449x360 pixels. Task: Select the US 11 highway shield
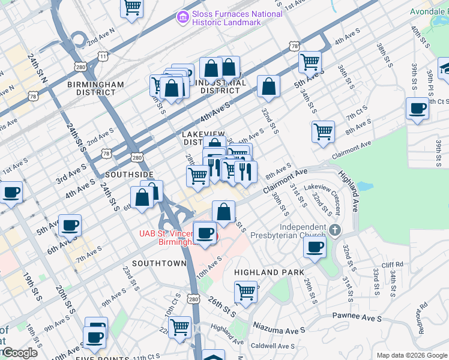[x=103, y=56]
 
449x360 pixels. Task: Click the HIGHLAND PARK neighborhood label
[x=265, y=272]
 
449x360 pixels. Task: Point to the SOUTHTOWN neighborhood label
[x=159, y=263]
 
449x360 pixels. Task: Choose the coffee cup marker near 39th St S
[x=417, y=109]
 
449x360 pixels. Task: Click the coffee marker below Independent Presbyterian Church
[x=315, y=247]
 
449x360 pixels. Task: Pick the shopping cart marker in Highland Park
[x=246, y=292]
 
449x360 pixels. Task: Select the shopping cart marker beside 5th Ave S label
[x=310, y=61]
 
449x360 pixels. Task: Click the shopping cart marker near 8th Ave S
[x=323, y=130]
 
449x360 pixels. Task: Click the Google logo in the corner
[x=20, y=353]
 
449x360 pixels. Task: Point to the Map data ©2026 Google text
[x=411, y=355]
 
